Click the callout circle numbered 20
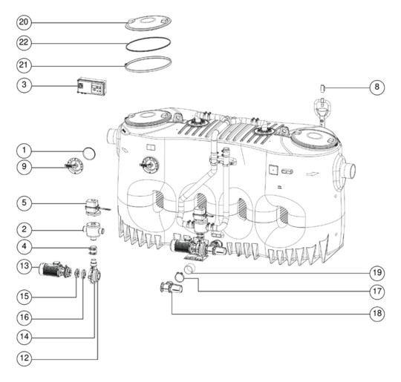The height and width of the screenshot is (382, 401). pyautogui.click(x=24, y=22)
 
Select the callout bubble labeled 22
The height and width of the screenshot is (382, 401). pyautogui.click(x=24, y=42)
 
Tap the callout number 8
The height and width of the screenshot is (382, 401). pyautogui.click(x=377, y=87)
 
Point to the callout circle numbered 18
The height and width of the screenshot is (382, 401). pyautogui.click(x=377, y=313)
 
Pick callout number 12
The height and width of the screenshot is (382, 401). pyautogui.click(x=24, y=358)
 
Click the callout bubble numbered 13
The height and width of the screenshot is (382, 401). pyautogui.click(x=24, y=266)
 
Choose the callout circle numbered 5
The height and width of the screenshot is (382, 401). pyautogui.click(x=24, y=203)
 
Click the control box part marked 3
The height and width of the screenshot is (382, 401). pyautogui.click(x=92, y=86)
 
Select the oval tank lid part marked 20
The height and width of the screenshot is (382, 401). pyautogui.click(x=148, y=23)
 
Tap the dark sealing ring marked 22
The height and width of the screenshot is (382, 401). pyautogui.click(x=149, y=44)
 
